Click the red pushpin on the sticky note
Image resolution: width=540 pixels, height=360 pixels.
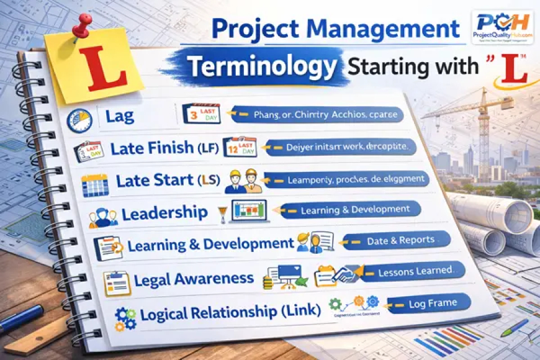tap(82, 26)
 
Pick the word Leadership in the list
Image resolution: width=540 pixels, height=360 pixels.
tap(164, 214)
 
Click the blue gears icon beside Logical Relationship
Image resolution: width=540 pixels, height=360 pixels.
tap(124, 318)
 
